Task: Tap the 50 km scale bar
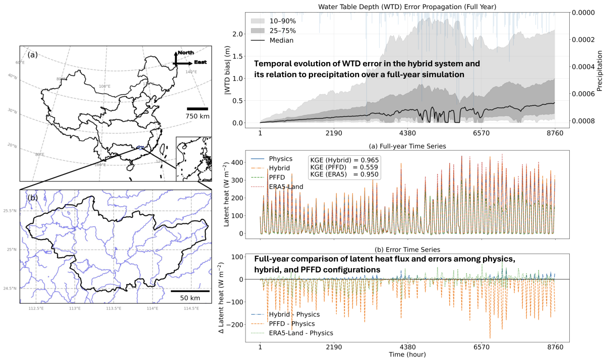coord(189,291)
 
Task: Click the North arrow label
coord(186,52)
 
